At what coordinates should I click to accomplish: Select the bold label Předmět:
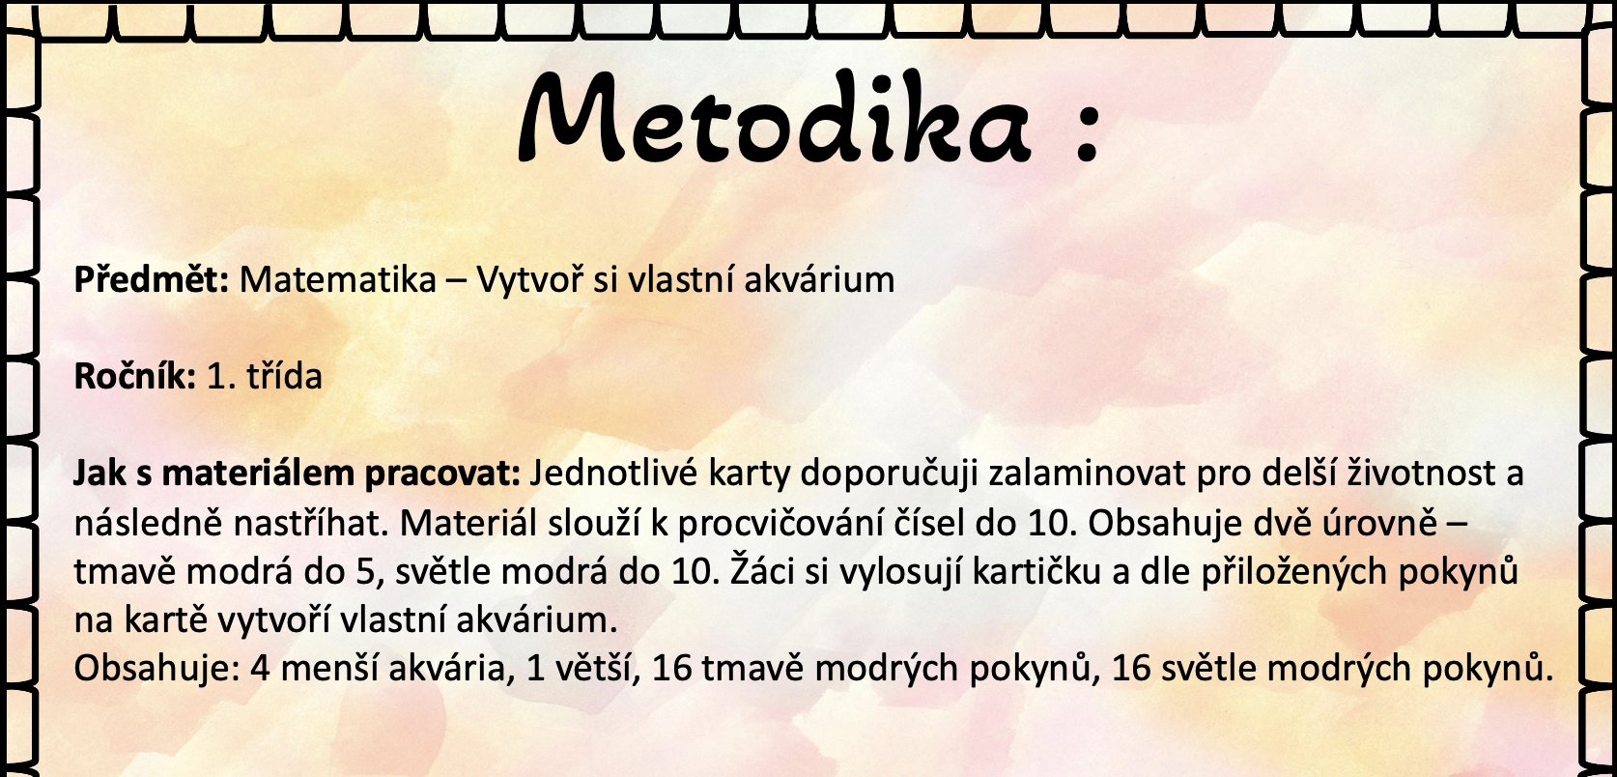coord(152,278)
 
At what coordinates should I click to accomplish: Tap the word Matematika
coord(338,279)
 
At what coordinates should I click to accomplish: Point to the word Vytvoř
coord(529,278)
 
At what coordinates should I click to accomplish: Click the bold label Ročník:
coord(135,376)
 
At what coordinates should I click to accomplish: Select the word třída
coord(284,376)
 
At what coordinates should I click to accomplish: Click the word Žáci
coord(761,570)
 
